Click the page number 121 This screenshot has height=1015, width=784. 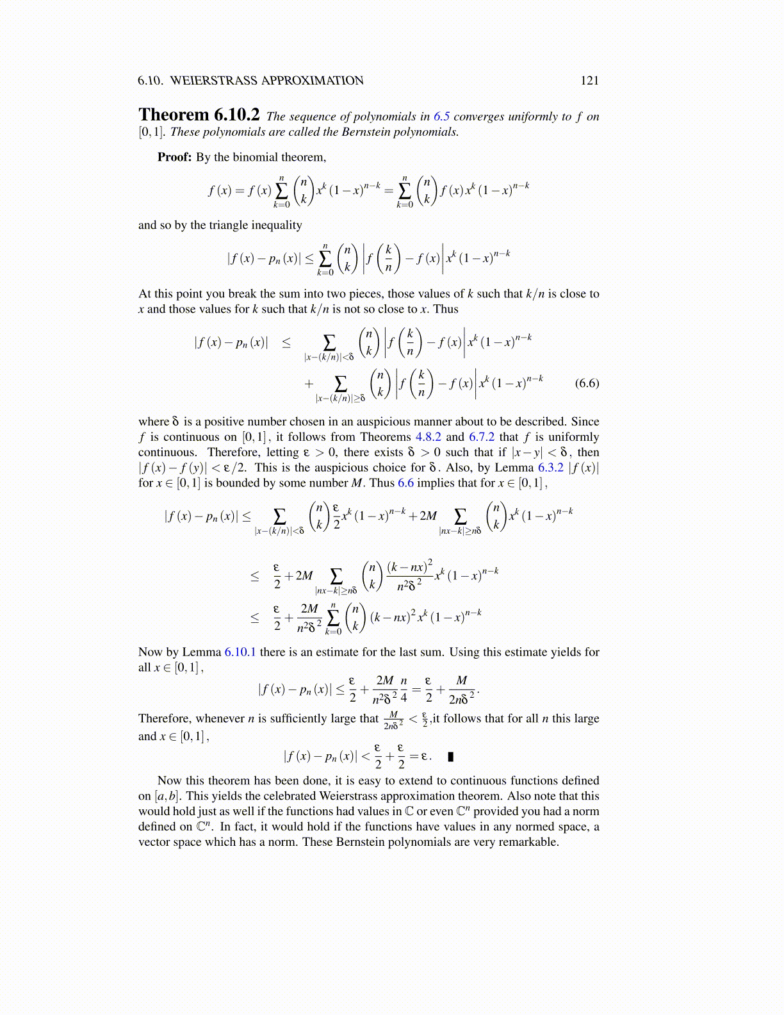[x=589, y=80]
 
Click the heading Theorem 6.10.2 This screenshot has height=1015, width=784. [x=199, y=115]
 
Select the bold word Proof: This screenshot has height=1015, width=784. [x=175, y=157]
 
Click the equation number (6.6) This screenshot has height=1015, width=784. [x=587, y=383]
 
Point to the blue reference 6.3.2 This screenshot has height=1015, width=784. [x=550, y=468]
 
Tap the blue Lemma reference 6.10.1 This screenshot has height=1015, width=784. [x=240, y=652]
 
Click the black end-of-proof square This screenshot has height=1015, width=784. [x=451, y=757]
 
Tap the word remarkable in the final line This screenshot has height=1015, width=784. [x=527, y=842]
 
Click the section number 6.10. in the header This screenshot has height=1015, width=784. [x=151, y=80]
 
